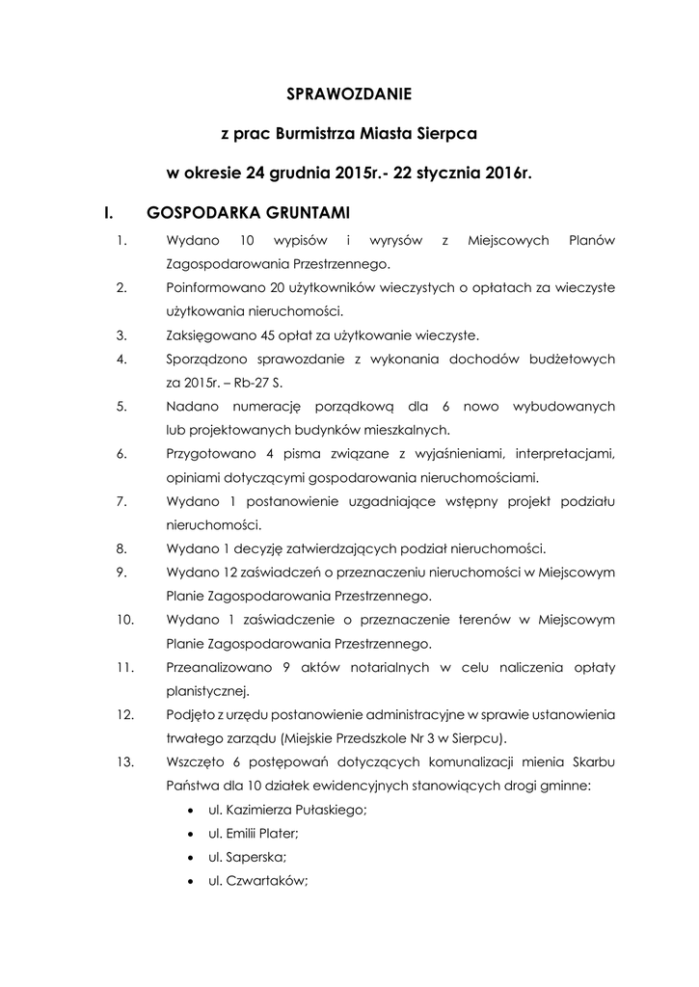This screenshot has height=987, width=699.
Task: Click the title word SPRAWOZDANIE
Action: tap(349, 94)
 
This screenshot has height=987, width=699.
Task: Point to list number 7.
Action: tap(121, 502)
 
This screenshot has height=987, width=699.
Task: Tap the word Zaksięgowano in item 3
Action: tap(204, 335)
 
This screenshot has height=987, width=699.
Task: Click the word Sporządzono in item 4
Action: tap(205, 360)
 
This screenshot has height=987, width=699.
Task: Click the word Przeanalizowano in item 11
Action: tap(215, 667)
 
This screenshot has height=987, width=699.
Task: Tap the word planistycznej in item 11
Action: tap(207, 690)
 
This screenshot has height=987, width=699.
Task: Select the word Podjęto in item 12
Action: tap(188, 715)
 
